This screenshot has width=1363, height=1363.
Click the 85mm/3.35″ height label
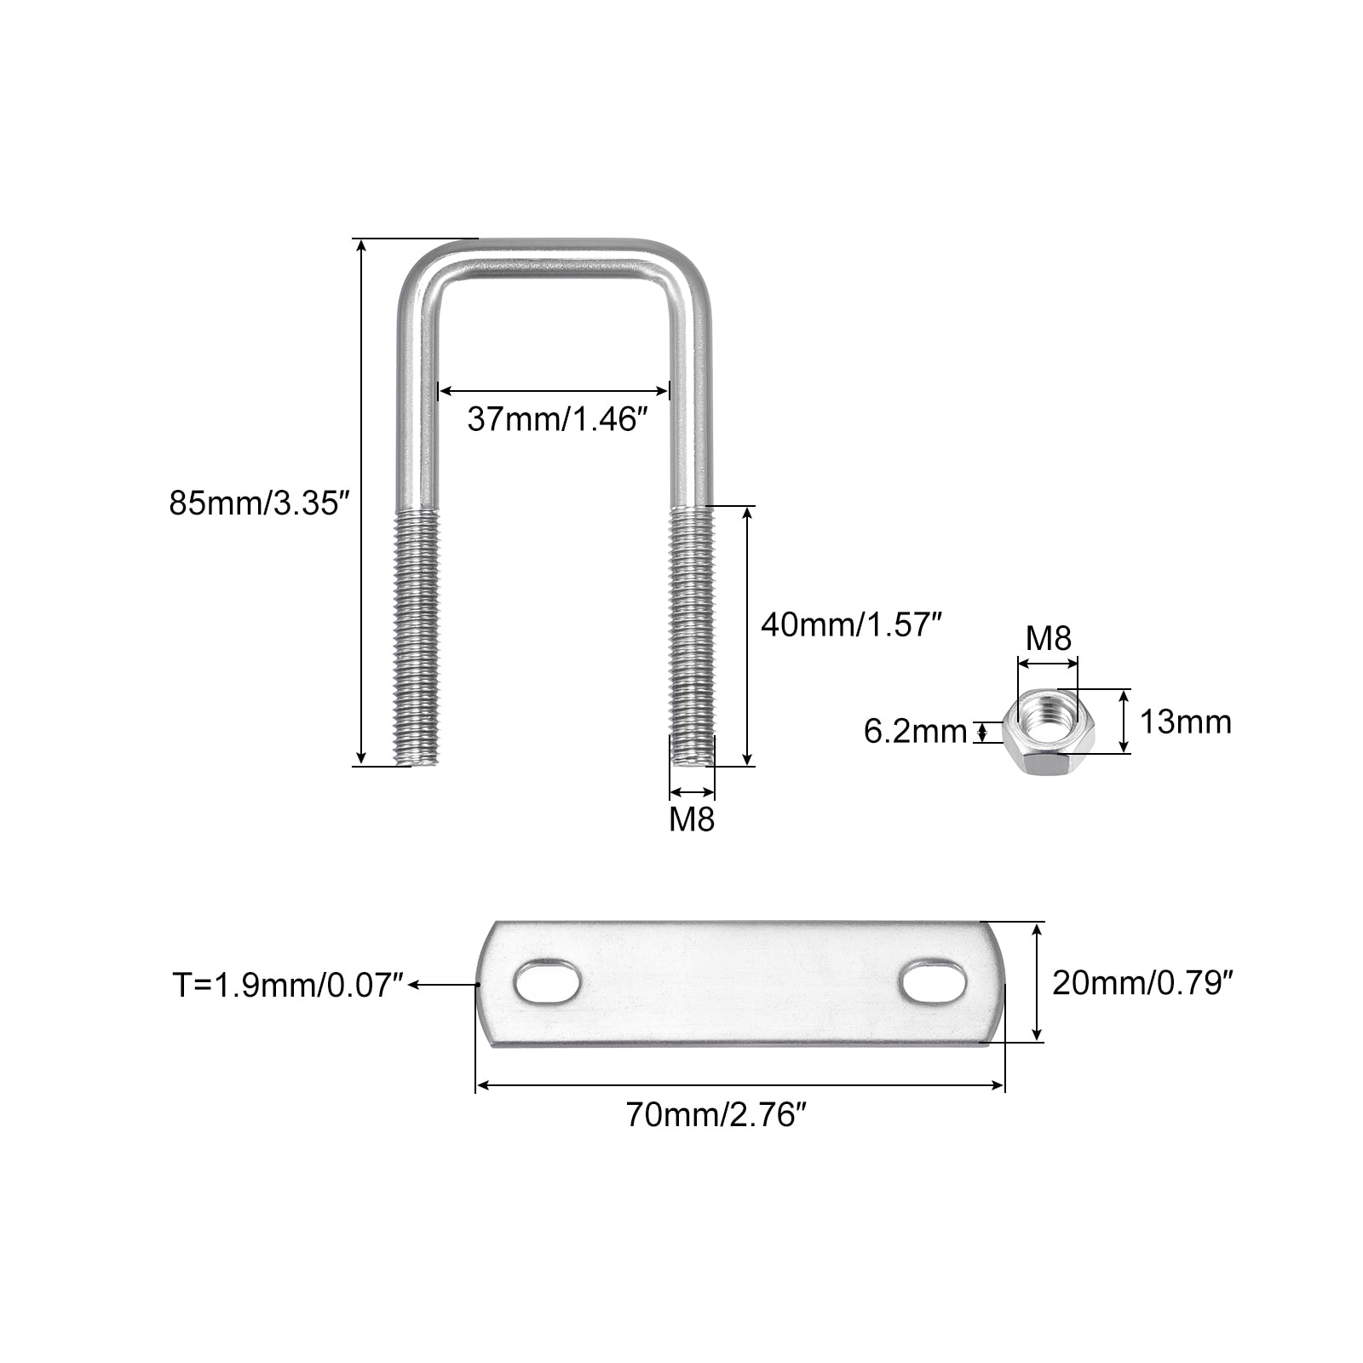[260, 503]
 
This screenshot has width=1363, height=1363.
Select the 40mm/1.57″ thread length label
[851, 624]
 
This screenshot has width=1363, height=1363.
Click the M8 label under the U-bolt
[692, 819]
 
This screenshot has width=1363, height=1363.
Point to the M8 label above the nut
[1048, 638]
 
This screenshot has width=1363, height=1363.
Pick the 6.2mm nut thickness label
[916, 731]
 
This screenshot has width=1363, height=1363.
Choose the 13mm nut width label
[1186, 722]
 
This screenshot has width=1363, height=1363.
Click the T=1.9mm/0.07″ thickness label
[288, 985]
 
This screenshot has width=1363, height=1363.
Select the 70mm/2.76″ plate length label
[716, 1114]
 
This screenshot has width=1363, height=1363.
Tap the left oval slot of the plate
[547, 983]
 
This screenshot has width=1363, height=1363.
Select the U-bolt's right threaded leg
[692, 635]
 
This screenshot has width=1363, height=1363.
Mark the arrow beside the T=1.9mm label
[443, 985]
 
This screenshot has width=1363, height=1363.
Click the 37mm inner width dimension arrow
[554, 391]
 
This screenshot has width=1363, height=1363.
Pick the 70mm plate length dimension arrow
[740, 1085]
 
